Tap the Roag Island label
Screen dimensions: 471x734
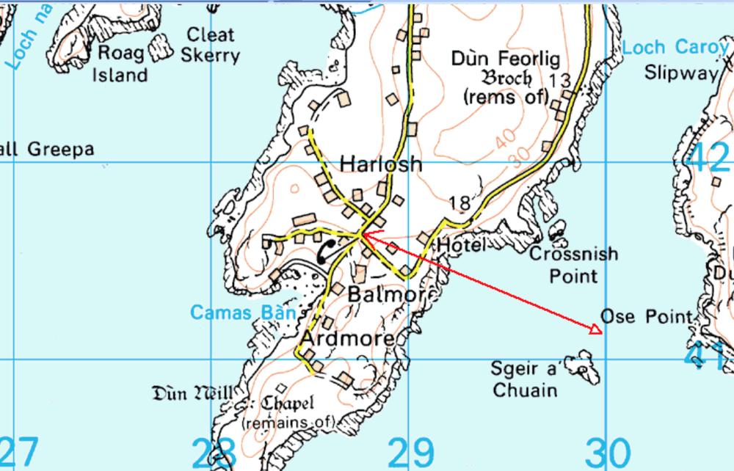click(x=122, y=64)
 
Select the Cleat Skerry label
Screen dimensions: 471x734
click(x=211, y=45)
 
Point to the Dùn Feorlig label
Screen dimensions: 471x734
click(x=506, y=59)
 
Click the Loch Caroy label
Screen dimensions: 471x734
click(x=675, y=48)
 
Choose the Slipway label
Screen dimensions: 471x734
click(x=680, y=73)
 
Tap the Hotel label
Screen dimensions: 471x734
click(x=461, y=246)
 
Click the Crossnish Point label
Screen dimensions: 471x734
click(x=573, y=265)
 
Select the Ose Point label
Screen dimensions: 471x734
click(x=646, y=316)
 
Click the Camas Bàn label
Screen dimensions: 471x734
click(x=243, y=313)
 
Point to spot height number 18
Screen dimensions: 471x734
click(x=459, y=203)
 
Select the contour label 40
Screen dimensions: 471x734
click(x=504, y=138)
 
